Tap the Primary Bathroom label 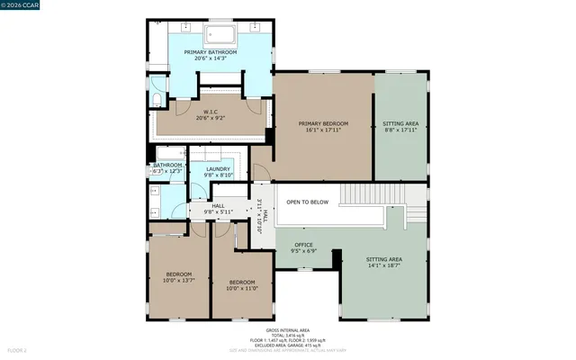coord(211,52)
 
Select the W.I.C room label coord(210,112)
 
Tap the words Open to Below coord(308,202)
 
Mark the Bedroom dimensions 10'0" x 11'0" coord(243,288)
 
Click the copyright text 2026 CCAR coord(22,8)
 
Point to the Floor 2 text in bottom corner coord(17,349)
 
